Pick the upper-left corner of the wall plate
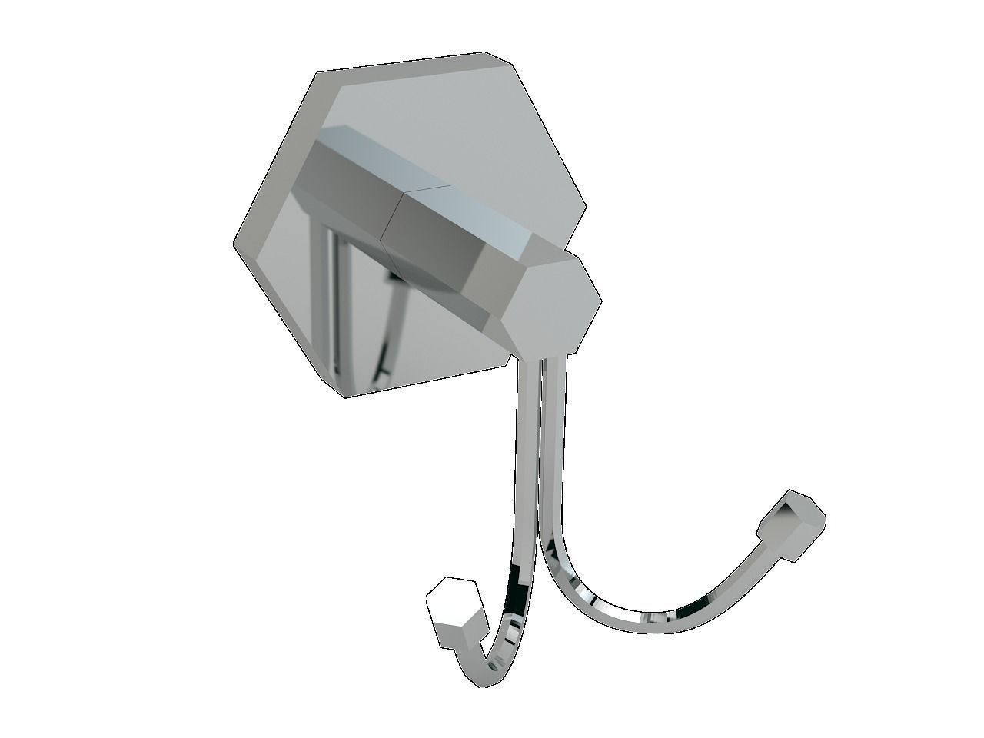click(317, 71)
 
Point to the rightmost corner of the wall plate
click(587, 209)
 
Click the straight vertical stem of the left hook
click(524, 461)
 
